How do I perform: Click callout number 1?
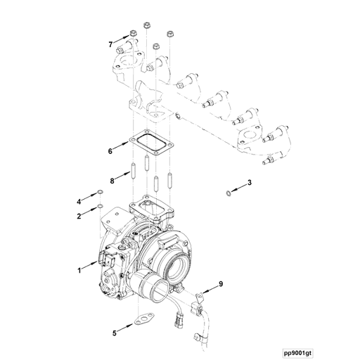(x=79, y=269)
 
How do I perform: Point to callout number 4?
(x=79, y=202)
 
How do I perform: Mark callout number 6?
(x=110, y=150)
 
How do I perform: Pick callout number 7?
(x=110, y=44)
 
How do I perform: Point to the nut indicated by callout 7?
(x=132, y=34)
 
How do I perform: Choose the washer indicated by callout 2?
(x=101, y=206)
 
